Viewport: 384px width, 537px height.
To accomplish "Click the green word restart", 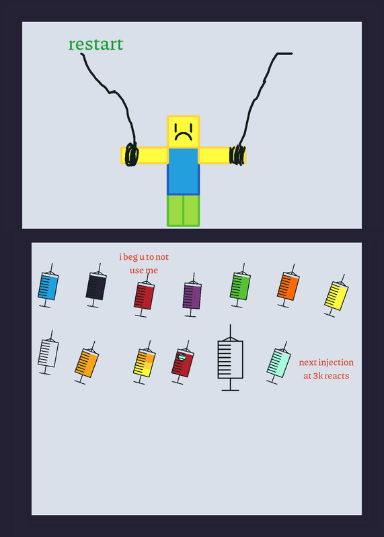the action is click(x=95, y=44).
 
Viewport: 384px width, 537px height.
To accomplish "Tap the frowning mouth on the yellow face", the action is click(x=183, y=136).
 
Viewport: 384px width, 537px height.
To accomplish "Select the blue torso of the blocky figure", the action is click(x=183, y=171).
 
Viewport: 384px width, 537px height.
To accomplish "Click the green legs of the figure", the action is click(x=183, y=211).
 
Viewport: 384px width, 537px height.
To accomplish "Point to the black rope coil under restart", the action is click(x=132, y=154).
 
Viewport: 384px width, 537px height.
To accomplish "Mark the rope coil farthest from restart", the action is click(x=237, y=155).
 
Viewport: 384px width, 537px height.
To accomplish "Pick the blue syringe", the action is click(x=48, y=286).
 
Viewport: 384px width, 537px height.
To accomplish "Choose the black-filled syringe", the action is click(x=96, y=286).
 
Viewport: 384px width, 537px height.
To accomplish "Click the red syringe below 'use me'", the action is click(x=144, y=295).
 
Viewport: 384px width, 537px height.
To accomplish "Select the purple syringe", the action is click(x=192, y=295).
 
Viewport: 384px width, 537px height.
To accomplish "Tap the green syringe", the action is click(x=240, y=286).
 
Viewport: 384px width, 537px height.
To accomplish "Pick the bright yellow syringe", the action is click(x=336, y=295).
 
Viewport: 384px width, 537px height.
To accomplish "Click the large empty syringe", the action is click(x=230, y=358).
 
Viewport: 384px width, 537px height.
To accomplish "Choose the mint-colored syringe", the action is click(x=278, y=362).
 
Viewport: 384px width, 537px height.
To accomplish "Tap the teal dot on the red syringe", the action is click(x=182, y=357).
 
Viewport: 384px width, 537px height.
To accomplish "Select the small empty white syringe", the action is click(x=48, y=353).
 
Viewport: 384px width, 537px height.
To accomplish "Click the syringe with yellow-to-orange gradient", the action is click(x=144, y=362).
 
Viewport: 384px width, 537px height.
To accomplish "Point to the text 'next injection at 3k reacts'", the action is click(x=326, y=369).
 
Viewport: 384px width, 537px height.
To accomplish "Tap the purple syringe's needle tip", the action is click(x=194, y=273).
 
